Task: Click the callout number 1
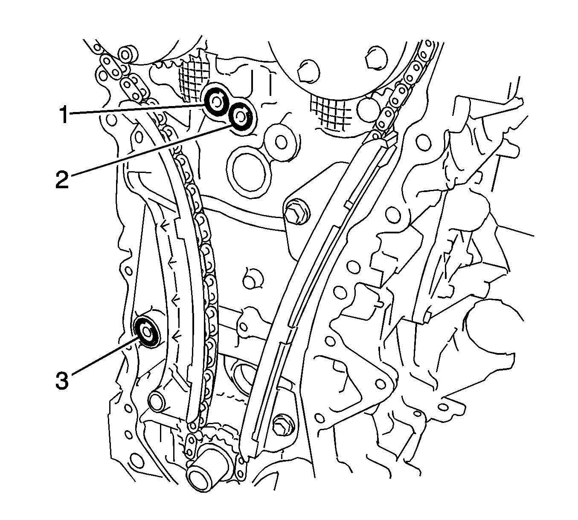[64, 115]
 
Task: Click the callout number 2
[62, 179]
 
